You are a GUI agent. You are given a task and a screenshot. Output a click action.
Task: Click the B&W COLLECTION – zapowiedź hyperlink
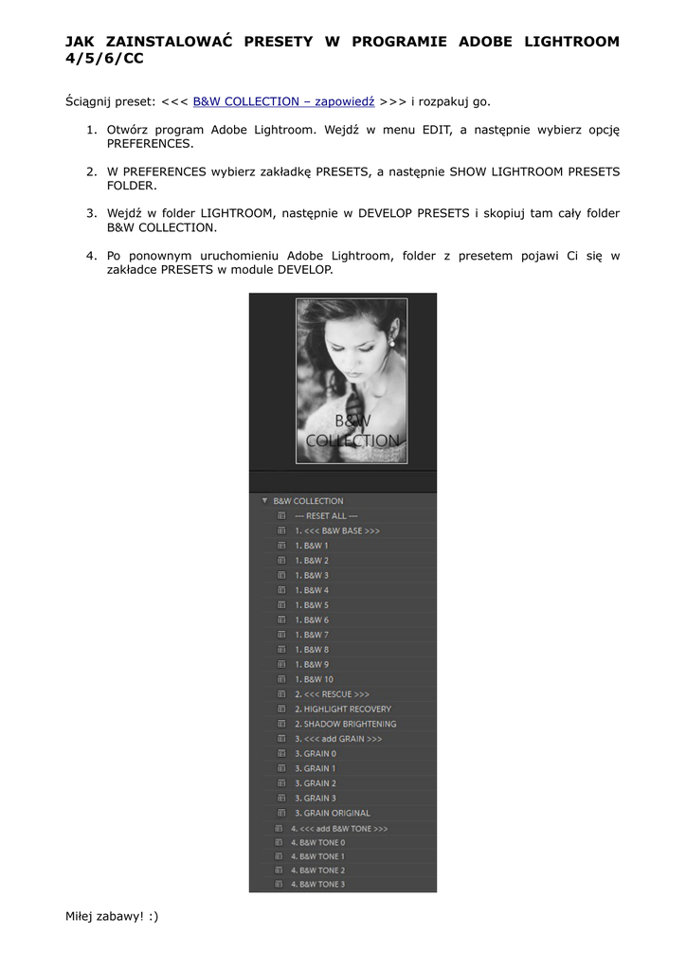click(x=283, y=100)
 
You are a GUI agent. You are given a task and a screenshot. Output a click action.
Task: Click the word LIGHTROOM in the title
click(x=568, y=42)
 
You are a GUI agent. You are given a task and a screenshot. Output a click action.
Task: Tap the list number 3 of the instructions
click(x=91, y=213)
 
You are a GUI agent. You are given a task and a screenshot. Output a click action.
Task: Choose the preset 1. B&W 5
click(x=312, y=605)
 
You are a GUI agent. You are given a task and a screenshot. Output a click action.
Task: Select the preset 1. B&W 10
click(x=314, y=679)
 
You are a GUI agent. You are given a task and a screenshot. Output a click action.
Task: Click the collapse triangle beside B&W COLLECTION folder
click(x=264, y=501)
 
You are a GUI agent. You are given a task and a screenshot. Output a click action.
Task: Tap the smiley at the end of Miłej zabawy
click(x=153, y=916)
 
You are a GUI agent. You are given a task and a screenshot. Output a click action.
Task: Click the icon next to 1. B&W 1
click(x=281, y=546)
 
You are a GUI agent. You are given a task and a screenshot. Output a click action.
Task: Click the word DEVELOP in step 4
click(x=305, y=270)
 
